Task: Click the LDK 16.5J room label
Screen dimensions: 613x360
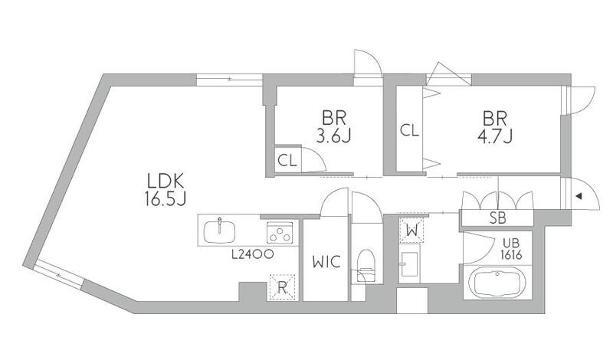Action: pyautogui.click(x=165, y=190)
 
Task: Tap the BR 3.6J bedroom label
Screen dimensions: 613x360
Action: pyautogui.click(x=333, y=126)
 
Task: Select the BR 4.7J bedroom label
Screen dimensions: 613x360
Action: pyautogui.click(x=494, y=126)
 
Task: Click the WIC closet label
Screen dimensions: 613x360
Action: pyautogui.click(x=326, y=262)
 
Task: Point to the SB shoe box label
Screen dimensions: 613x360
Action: pyautogui.click(x=497, y=218)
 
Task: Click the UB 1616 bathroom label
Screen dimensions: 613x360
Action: pyautogui.click(x=512, y=249)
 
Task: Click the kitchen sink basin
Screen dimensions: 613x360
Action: pyautogui.click(x=220, y=231)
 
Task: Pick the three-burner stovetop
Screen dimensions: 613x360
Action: pyautogui.click(x=280, y=233)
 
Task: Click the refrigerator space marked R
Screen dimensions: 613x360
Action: pyautogui.click(x=281, y=288)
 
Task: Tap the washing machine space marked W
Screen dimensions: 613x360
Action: pyautogui.click(x=411, y=231)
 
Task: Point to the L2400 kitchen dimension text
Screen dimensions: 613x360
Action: pyautogui.click(x=252, y=254)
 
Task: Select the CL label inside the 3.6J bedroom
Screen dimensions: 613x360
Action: pyautogui.click(x=287, y=161)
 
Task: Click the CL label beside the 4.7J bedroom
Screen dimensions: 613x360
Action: pyautogui.click(x=409, y=130)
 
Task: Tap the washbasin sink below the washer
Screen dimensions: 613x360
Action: pyautogui.click(x=409, y=263)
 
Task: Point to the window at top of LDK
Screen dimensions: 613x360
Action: pyautogui.click(x=229, y=80)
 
